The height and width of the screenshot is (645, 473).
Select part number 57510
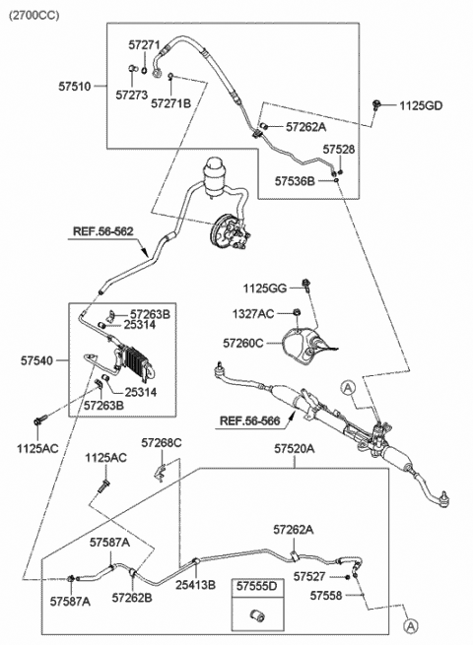[x=74, y=87]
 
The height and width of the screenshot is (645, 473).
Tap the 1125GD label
[x=421, y=106]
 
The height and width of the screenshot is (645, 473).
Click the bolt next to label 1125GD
[x=375, y=105]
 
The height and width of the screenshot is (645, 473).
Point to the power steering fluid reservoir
[x=216, y=175]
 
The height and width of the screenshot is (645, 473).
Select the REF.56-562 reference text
[x=103, y=231]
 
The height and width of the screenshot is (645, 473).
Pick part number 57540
[x=36, y=360]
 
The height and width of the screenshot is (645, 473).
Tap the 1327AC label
[x=253, y=314]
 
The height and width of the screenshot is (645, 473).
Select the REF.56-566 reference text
[x=250, y=420]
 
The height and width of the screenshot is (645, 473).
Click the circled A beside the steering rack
[x=348, y=387]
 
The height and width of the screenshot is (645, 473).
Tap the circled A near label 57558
[x=411, y=626]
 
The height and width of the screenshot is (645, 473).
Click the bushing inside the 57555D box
[x=258, y=616]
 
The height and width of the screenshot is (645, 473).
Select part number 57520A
[x=295, y=449]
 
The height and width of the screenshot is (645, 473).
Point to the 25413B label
[x=195, y=585]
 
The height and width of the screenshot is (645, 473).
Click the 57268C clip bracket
[x=161, y=473]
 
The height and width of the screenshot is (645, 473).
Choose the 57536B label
[x=295, y=181]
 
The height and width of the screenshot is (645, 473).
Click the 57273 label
[x=131, y=95]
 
